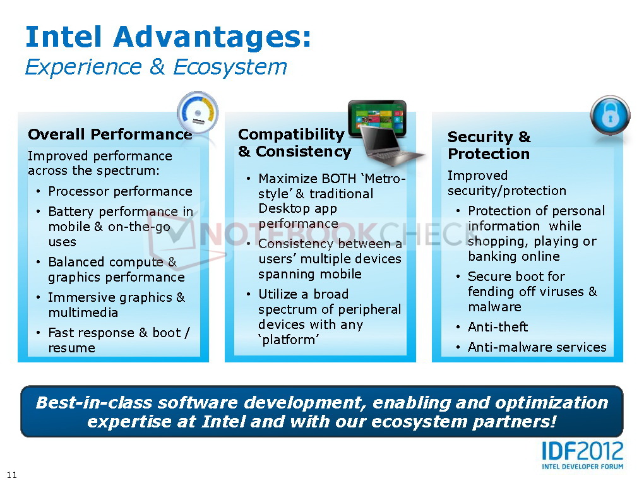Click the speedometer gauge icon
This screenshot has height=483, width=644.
click(198, 112)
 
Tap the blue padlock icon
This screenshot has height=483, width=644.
click(610, 116)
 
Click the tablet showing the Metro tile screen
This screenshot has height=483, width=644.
click(377, 118)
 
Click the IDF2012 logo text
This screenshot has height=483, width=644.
click(582, 451)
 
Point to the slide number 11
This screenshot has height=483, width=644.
click(12, 475)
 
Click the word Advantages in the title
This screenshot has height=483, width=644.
click(212, 37)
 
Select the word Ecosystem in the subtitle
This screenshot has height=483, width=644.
click(230, 67)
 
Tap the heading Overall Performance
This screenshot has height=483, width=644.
click(110, 134)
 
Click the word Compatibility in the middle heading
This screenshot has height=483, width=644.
click(291, 134)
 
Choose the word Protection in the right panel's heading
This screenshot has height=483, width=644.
click(489, 154)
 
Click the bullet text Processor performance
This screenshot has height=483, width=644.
click(121, 191)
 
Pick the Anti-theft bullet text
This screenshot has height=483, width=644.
click(498, 327)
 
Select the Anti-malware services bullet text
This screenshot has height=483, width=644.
click(537, 347)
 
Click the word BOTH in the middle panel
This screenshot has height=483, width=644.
click(333, 179)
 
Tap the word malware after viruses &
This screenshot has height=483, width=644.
click(494, 307)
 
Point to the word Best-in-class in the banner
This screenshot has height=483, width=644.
click(94, 403)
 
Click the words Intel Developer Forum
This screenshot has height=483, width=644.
click(582, 467)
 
